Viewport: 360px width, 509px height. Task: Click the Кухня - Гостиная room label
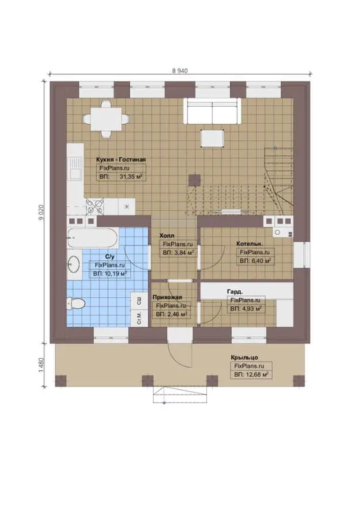click(x=120, y=160)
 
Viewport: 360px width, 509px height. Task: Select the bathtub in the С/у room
click(x=93, y=238)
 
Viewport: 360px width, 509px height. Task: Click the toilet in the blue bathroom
click(x=76, y=304)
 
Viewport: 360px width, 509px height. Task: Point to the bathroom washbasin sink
click(x=74, y=264)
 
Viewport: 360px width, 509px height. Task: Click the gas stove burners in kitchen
click(x=95, y=206)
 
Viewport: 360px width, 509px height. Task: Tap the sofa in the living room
click(x=213, y=111)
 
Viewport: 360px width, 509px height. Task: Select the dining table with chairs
click(x=106, y=120)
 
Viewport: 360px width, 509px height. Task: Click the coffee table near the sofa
click(x=213, y=138)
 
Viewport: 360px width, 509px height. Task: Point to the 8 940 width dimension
click(x=180, y=71)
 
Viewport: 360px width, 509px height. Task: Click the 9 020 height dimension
click(x=42, y=213)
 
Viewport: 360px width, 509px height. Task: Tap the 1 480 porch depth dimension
click(x=42, y=366)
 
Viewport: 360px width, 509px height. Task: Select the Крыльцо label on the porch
click(x=244, y=357)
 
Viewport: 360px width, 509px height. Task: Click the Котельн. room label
click(x=250, y=244)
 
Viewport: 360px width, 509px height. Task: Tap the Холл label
click(x=167, y=235)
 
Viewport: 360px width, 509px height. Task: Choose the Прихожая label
click(x=168, y=297)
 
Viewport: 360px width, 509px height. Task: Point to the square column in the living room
click(x=195, y=180)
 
